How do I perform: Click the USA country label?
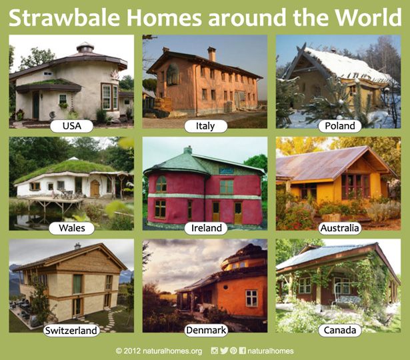coord(71,126)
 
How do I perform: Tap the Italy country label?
coord(205,126)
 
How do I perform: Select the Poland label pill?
coord(339,126)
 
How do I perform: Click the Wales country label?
coord(71,228)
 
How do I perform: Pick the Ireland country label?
coord(206,228)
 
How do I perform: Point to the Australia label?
coord(339,228)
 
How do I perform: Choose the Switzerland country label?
coord(71,331)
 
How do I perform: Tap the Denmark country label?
coord(206,331)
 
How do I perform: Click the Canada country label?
coord(339,331)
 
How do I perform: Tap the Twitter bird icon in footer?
coord(224,351)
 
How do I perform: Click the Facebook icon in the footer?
coord(243,351)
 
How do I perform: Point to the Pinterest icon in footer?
coord(233,351)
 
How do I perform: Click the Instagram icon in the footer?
coord(215,351)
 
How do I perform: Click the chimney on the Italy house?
coord(211,53)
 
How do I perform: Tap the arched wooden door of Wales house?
coord(95,188)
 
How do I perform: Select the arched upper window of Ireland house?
coord(161,184)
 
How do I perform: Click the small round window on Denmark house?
coord(225,287)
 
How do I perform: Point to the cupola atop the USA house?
coord(85,47)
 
